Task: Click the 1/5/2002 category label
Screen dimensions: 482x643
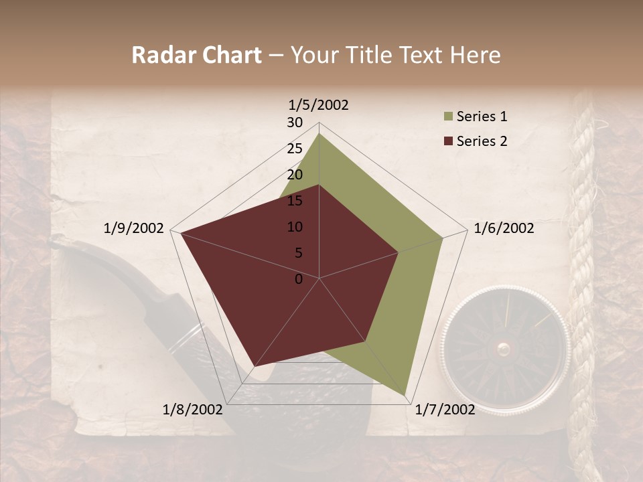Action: point(319,105)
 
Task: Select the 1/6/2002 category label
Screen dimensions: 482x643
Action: point(504,228)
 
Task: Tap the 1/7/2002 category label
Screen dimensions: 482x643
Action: point(445,410)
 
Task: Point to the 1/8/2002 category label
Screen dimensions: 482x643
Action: point(192,410)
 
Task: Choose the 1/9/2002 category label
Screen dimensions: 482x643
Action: point(134,228)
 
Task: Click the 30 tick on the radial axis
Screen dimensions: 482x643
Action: point(295,123)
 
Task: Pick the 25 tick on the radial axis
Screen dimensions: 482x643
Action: point(295,149)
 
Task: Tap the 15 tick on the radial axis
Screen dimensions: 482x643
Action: point(295,201)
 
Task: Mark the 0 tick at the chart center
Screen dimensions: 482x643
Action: point(299,279)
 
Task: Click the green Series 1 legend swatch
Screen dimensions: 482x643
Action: point(448,117)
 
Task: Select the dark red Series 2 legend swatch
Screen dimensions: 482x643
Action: point(448,141)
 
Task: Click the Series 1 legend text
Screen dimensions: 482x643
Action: point(482,116)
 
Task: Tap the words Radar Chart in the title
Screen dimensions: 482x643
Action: point(196,56)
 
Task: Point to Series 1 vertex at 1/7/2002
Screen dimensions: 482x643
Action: point(406,394)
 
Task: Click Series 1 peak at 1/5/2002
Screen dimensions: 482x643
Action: point(319,133)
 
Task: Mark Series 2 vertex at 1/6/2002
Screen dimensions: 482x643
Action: point(399,252)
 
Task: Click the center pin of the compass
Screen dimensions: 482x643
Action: point(504,349)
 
